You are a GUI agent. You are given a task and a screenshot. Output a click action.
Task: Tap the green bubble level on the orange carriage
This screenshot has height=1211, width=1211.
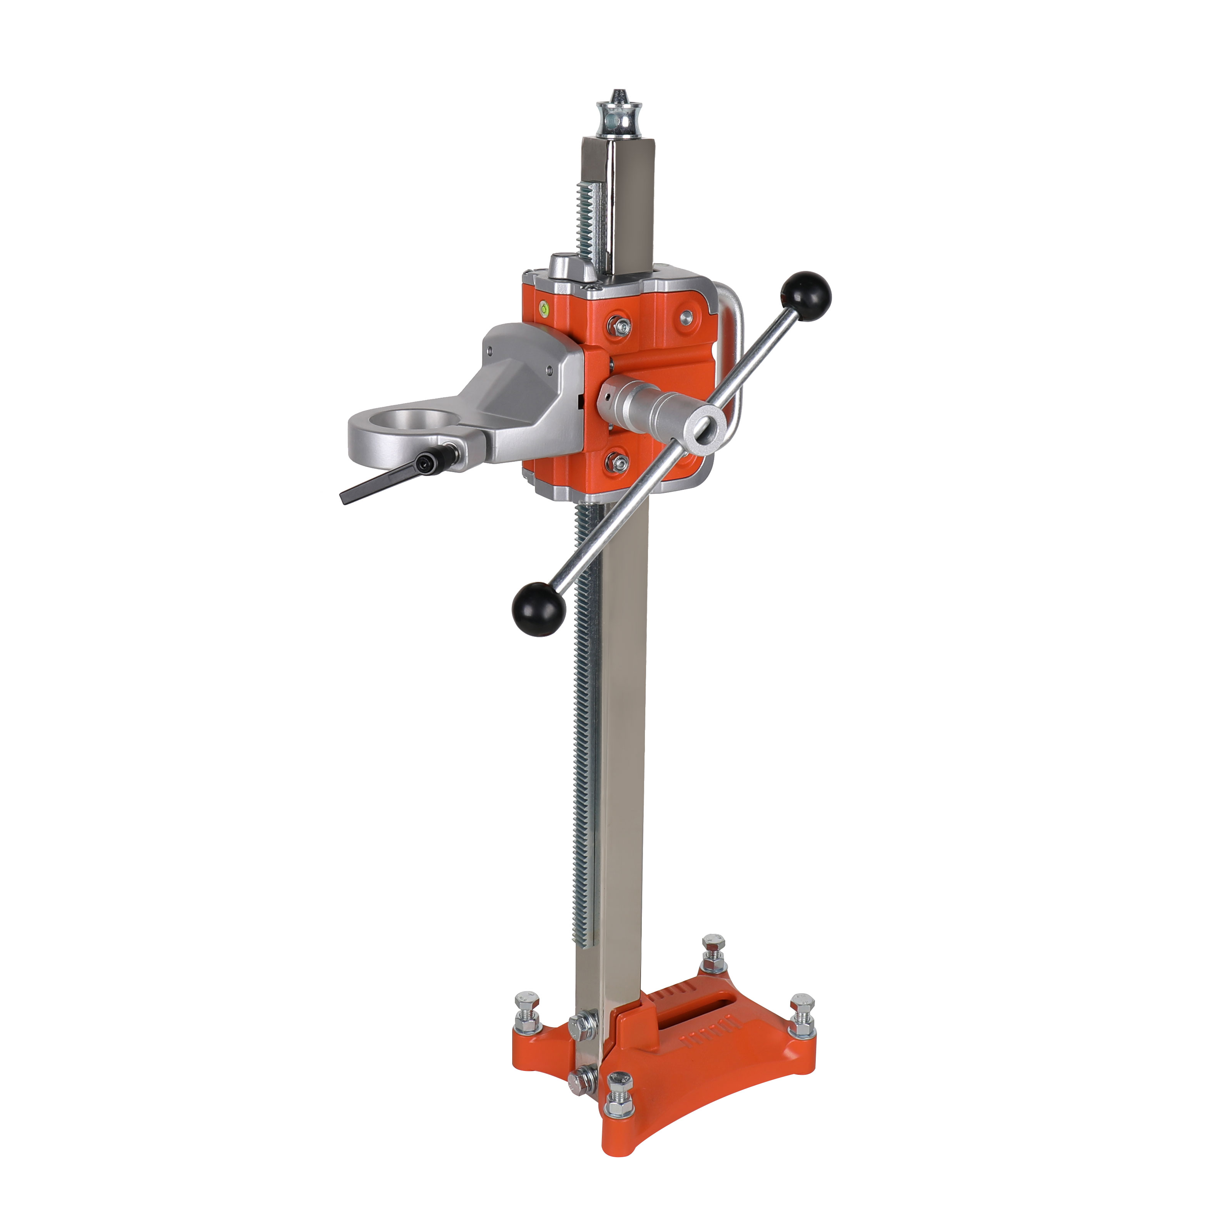pos(543,308)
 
